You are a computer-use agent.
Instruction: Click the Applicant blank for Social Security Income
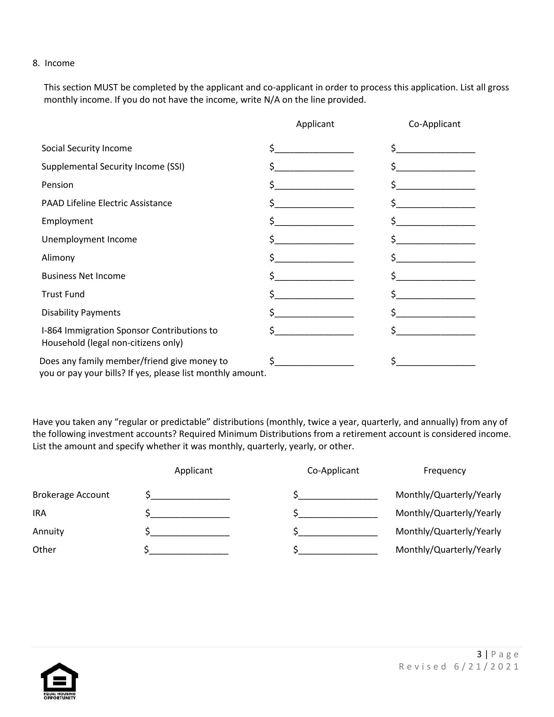(x=314, y=149)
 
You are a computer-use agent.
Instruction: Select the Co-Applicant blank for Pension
(x=435, y=186)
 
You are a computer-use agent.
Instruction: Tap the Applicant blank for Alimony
(x=314, y=258)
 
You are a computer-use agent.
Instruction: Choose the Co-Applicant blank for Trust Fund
(x=435, y=295)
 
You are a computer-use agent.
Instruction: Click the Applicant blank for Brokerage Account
(x=190, y=496)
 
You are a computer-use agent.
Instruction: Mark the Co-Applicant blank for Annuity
(x=338, y=532)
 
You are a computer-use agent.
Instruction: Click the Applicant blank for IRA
(x=190, y=514)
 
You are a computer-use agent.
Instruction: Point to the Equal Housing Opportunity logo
(x=59, y=681)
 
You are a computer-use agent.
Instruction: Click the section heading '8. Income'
(x=54, y=63)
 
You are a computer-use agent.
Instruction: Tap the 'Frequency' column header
(x=444, y=471)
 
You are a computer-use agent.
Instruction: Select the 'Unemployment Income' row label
(x=89, y=239)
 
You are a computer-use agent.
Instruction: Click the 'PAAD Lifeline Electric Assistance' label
(x=107, y=203)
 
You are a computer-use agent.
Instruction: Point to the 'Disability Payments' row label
(x=81, y=313)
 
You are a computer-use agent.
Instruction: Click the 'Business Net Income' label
(x=84, y=276)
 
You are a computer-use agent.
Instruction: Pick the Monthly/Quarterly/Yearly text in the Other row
(x=448, y=550)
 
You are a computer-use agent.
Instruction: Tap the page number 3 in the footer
(x=479, y=654)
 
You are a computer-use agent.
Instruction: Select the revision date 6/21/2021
(x=486, y=667)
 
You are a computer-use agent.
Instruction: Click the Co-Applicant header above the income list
(x=434, y=124)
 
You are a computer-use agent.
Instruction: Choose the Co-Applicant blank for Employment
(x=435, y=222)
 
